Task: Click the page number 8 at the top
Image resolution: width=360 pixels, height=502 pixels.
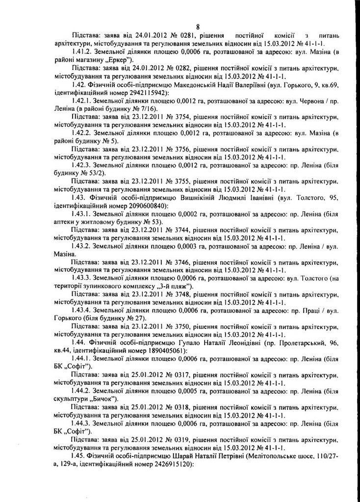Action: pyautogui.click(x=197, y=26)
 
